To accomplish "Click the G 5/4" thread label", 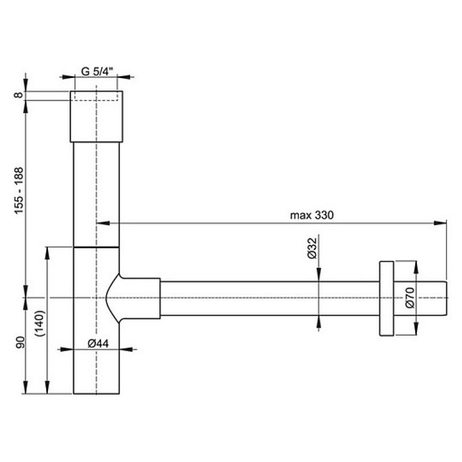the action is click(x=97, y=71).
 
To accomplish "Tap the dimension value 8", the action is click(x=18, y=95).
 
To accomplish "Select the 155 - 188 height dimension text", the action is click(x=18, y=191).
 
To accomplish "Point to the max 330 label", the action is click(x=312, y=215).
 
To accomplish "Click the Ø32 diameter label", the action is click(x=312, y=248).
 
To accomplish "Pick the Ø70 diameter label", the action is click(x=409, y=297).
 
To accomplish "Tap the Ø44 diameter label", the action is click(x=98, y=343).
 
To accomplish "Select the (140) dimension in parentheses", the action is click(x=39, y=323).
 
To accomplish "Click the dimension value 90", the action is click(x=20, y=342).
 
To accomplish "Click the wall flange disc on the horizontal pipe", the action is click(x=386, y=298).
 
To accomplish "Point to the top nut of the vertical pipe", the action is click(x=96, y=117).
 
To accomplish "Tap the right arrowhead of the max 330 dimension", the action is click(x=440, y=223).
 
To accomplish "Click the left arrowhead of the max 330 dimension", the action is click(x=103, y=223).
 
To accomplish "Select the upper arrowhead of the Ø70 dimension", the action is click(x=416, y=267).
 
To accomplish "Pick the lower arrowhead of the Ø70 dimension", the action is click(x=416, y=329).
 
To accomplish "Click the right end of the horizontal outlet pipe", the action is click(x=447, y=299).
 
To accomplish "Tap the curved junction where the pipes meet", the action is click(x=113, y=298).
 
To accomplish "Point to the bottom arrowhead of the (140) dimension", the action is click(x=47, y=387).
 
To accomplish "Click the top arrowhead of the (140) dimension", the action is click(x=47, y=254).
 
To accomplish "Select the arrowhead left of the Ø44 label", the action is click(x=66, y=349).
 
